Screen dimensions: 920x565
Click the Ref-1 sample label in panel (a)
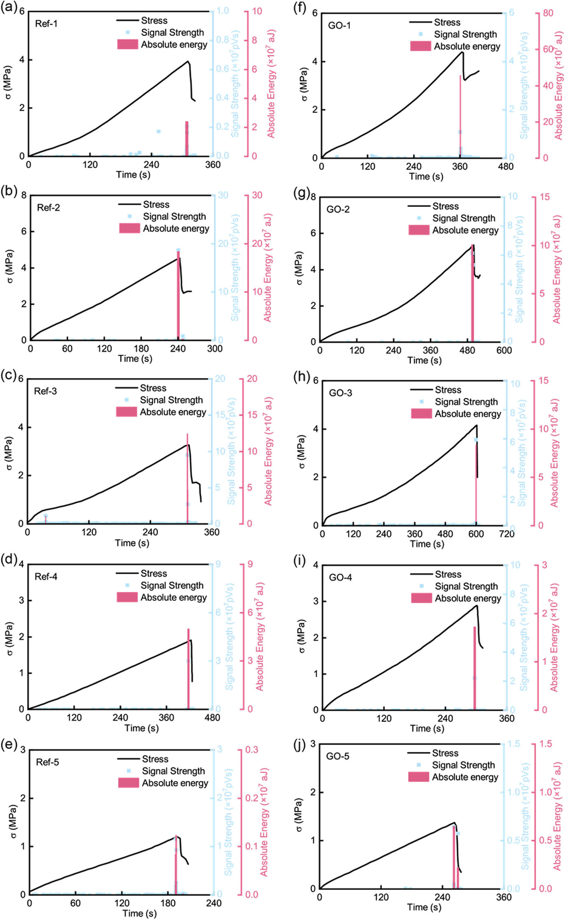pyautogui.click(x=46, y=24)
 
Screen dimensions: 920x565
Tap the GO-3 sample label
pyautogui.click(x=340, y=393)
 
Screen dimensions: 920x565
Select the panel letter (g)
pyautogui.click(x=302, y=193)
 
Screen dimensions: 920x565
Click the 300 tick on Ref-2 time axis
pyautogui.click(x=214, y=349)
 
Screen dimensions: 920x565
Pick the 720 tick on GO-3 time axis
pyautogui.click(x=507, y=534)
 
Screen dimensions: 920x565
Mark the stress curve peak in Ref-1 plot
pyautogui.click(x=188, y=61)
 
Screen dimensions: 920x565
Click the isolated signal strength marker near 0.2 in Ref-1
pyautogui.click(x=158, y=131)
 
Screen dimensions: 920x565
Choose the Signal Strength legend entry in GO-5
pyautogui.click(x=463, y=765)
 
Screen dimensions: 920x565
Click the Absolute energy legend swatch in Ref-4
pyautogui.click(x=127, y=597)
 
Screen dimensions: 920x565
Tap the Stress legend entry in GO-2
pyautogui.click(x=445, y=206)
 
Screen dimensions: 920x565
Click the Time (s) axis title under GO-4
pyautogui.click(x=427, y=728)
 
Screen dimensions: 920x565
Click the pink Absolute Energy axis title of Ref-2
pyautogui.click(x=268, y=267)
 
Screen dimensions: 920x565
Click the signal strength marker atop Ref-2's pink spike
pyautogui.click(x=178, y=250)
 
